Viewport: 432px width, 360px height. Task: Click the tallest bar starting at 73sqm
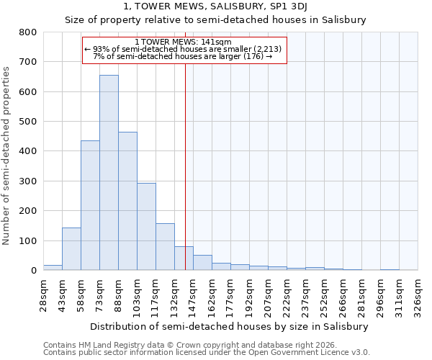pyautogui.click(x=109, y=173)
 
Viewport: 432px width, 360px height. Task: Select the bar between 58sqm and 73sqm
pyautogui.click(x=90, y=205)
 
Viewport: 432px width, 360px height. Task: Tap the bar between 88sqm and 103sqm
pyautogui.click(x=127, y=201)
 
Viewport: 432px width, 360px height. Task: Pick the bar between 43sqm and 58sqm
pyautogui.click(x=71, y=249)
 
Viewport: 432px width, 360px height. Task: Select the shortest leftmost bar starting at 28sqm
pyautogui.click(x=53, y=267)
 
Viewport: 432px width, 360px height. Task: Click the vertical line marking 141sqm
pyautogui.click(x=185, y=166)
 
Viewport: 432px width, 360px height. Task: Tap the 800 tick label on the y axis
pyautogui.click(x=27, y=32)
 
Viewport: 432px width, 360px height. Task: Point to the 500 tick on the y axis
pyautogui.click(x=27, y=122)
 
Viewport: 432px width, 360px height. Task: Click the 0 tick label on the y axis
pyautogui.click(x=33, y=271)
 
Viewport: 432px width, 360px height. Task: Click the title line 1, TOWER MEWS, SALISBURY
pyautogui.click(x=215, y=6)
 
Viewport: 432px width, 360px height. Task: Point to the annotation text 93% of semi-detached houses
pyautogui.click(x=186, y=49)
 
